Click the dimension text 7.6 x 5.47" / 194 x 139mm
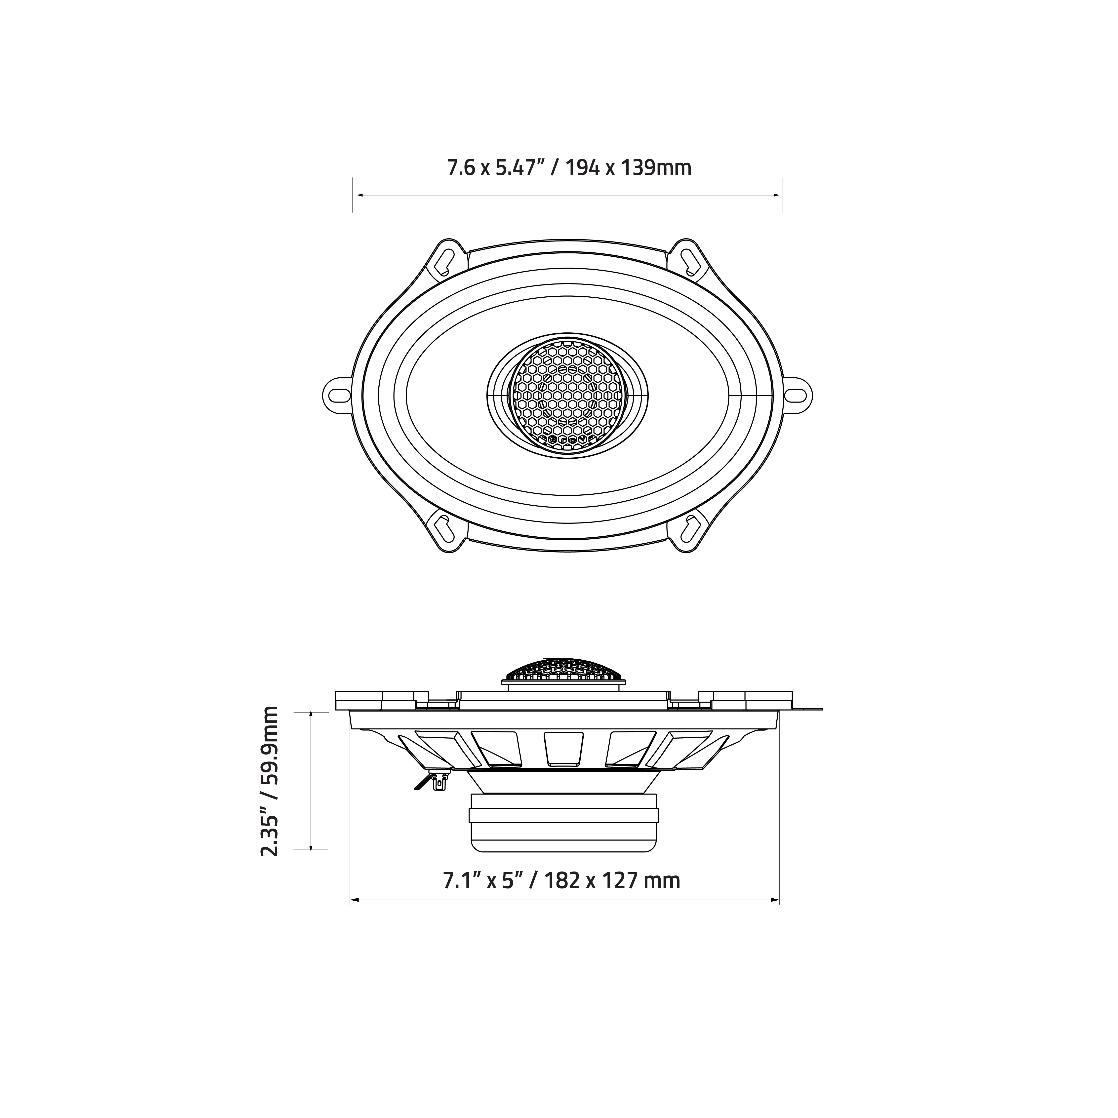click(569, 168)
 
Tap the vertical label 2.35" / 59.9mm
click(270, 781)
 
